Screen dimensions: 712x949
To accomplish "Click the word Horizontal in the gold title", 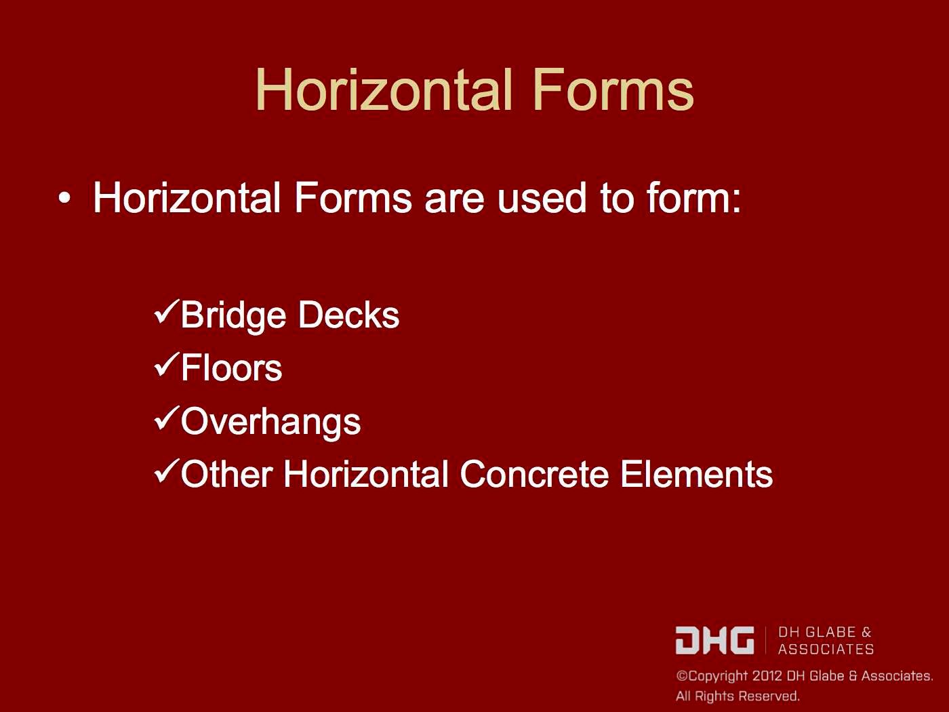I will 383,90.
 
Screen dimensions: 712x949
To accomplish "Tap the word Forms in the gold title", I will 612,90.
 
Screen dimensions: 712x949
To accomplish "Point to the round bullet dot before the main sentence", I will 64,199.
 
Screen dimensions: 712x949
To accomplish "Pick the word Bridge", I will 234,316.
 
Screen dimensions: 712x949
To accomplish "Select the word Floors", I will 231,368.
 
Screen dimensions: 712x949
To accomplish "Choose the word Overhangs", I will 270,422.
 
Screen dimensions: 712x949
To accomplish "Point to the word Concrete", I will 534,474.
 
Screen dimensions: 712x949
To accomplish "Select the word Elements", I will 696,474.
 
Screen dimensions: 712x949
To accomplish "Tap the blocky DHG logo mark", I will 714,640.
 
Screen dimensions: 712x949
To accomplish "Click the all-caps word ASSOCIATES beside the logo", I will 826,650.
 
